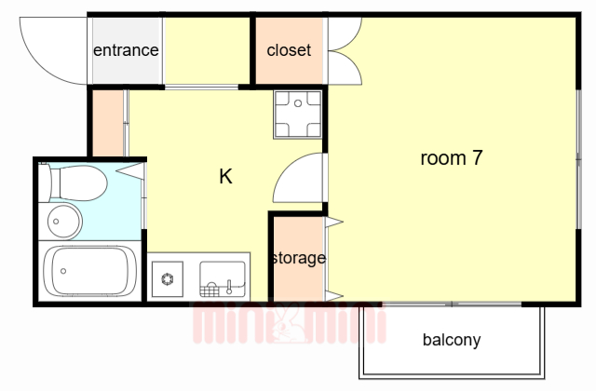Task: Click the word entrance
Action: tap(126, 50)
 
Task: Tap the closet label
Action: tap(289, 50)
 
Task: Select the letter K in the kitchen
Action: tap(225, 176)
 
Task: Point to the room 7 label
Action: tap(452, 157)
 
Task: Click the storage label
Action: tap(299, 259)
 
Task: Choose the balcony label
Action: tap(452, 340)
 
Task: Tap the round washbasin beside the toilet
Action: tap(64, 222)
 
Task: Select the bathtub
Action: tap(89, 271)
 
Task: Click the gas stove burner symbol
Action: tap(168, 279)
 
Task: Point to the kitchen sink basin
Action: tap(223, 279)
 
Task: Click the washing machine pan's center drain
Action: tap(298, 103)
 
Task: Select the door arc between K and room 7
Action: tap(284, 169)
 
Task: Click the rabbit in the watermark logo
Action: tap(289, 323)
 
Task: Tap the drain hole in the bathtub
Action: tap(63, 271)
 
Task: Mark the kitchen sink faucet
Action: tap(229, 287)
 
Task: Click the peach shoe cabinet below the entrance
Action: tap(108, 123)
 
